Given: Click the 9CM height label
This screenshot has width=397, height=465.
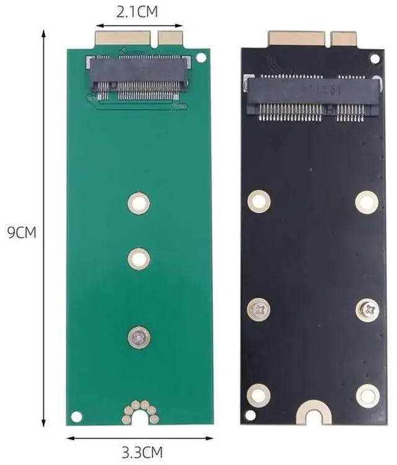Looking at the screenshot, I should [22, 233].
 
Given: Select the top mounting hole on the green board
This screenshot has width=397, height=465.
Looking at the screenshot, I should [139, 202].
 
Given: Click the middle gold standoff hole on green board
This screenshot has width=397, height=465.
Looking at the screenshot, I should [139, 258].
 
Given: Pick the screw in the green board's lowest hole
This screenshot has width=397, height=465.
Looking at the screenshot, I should [139, 336].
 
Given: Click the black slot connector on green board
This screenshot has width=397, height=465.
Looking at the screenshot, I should [139, 78].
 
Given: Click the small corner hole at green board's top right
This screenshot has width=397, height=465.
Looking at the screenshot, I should [201, 58].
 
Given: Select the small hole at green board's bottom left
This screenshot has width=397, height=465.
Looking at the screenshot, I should [76, 415].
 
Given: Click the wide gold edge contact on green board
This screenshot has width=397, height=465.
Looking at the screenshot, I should [122, 38].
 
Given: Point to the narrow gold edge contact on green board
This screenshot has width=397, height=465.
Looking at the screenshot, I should [170, 38].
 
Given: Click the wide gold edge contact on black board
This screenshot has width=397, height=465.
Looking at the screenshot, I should [297, 38].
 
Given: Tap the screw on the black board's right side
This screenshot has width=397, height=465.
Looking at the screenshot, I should [367, 309].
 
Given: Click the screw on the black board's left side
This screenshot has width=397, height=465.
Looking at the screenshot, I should [259, 309].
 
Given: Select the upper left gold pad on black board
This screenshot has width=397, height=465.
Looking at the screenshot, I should [259, 201].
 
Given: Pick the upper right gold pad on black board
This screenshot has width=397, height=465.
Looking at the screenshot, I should [367, 202].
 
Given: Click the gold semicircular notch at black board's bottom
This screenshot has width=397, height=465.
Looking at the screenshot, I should [313, 412].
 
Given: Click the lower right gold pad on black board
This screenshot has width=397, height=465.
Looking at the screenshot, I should [367, 395].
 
